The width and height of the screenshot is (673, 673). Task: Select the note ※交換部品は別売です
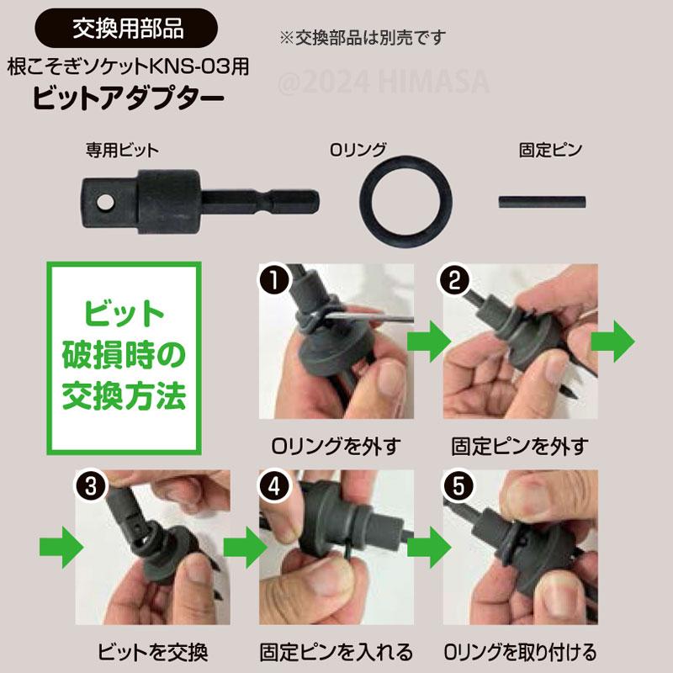coord(363,38)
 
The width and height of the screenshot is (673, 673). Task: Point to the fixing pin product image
coord(542,203)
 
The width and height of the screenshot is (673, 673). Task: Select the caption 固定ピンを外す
coord(519,444)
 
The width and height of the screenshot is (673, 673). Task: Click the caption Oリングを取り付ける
coord(519,651)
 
